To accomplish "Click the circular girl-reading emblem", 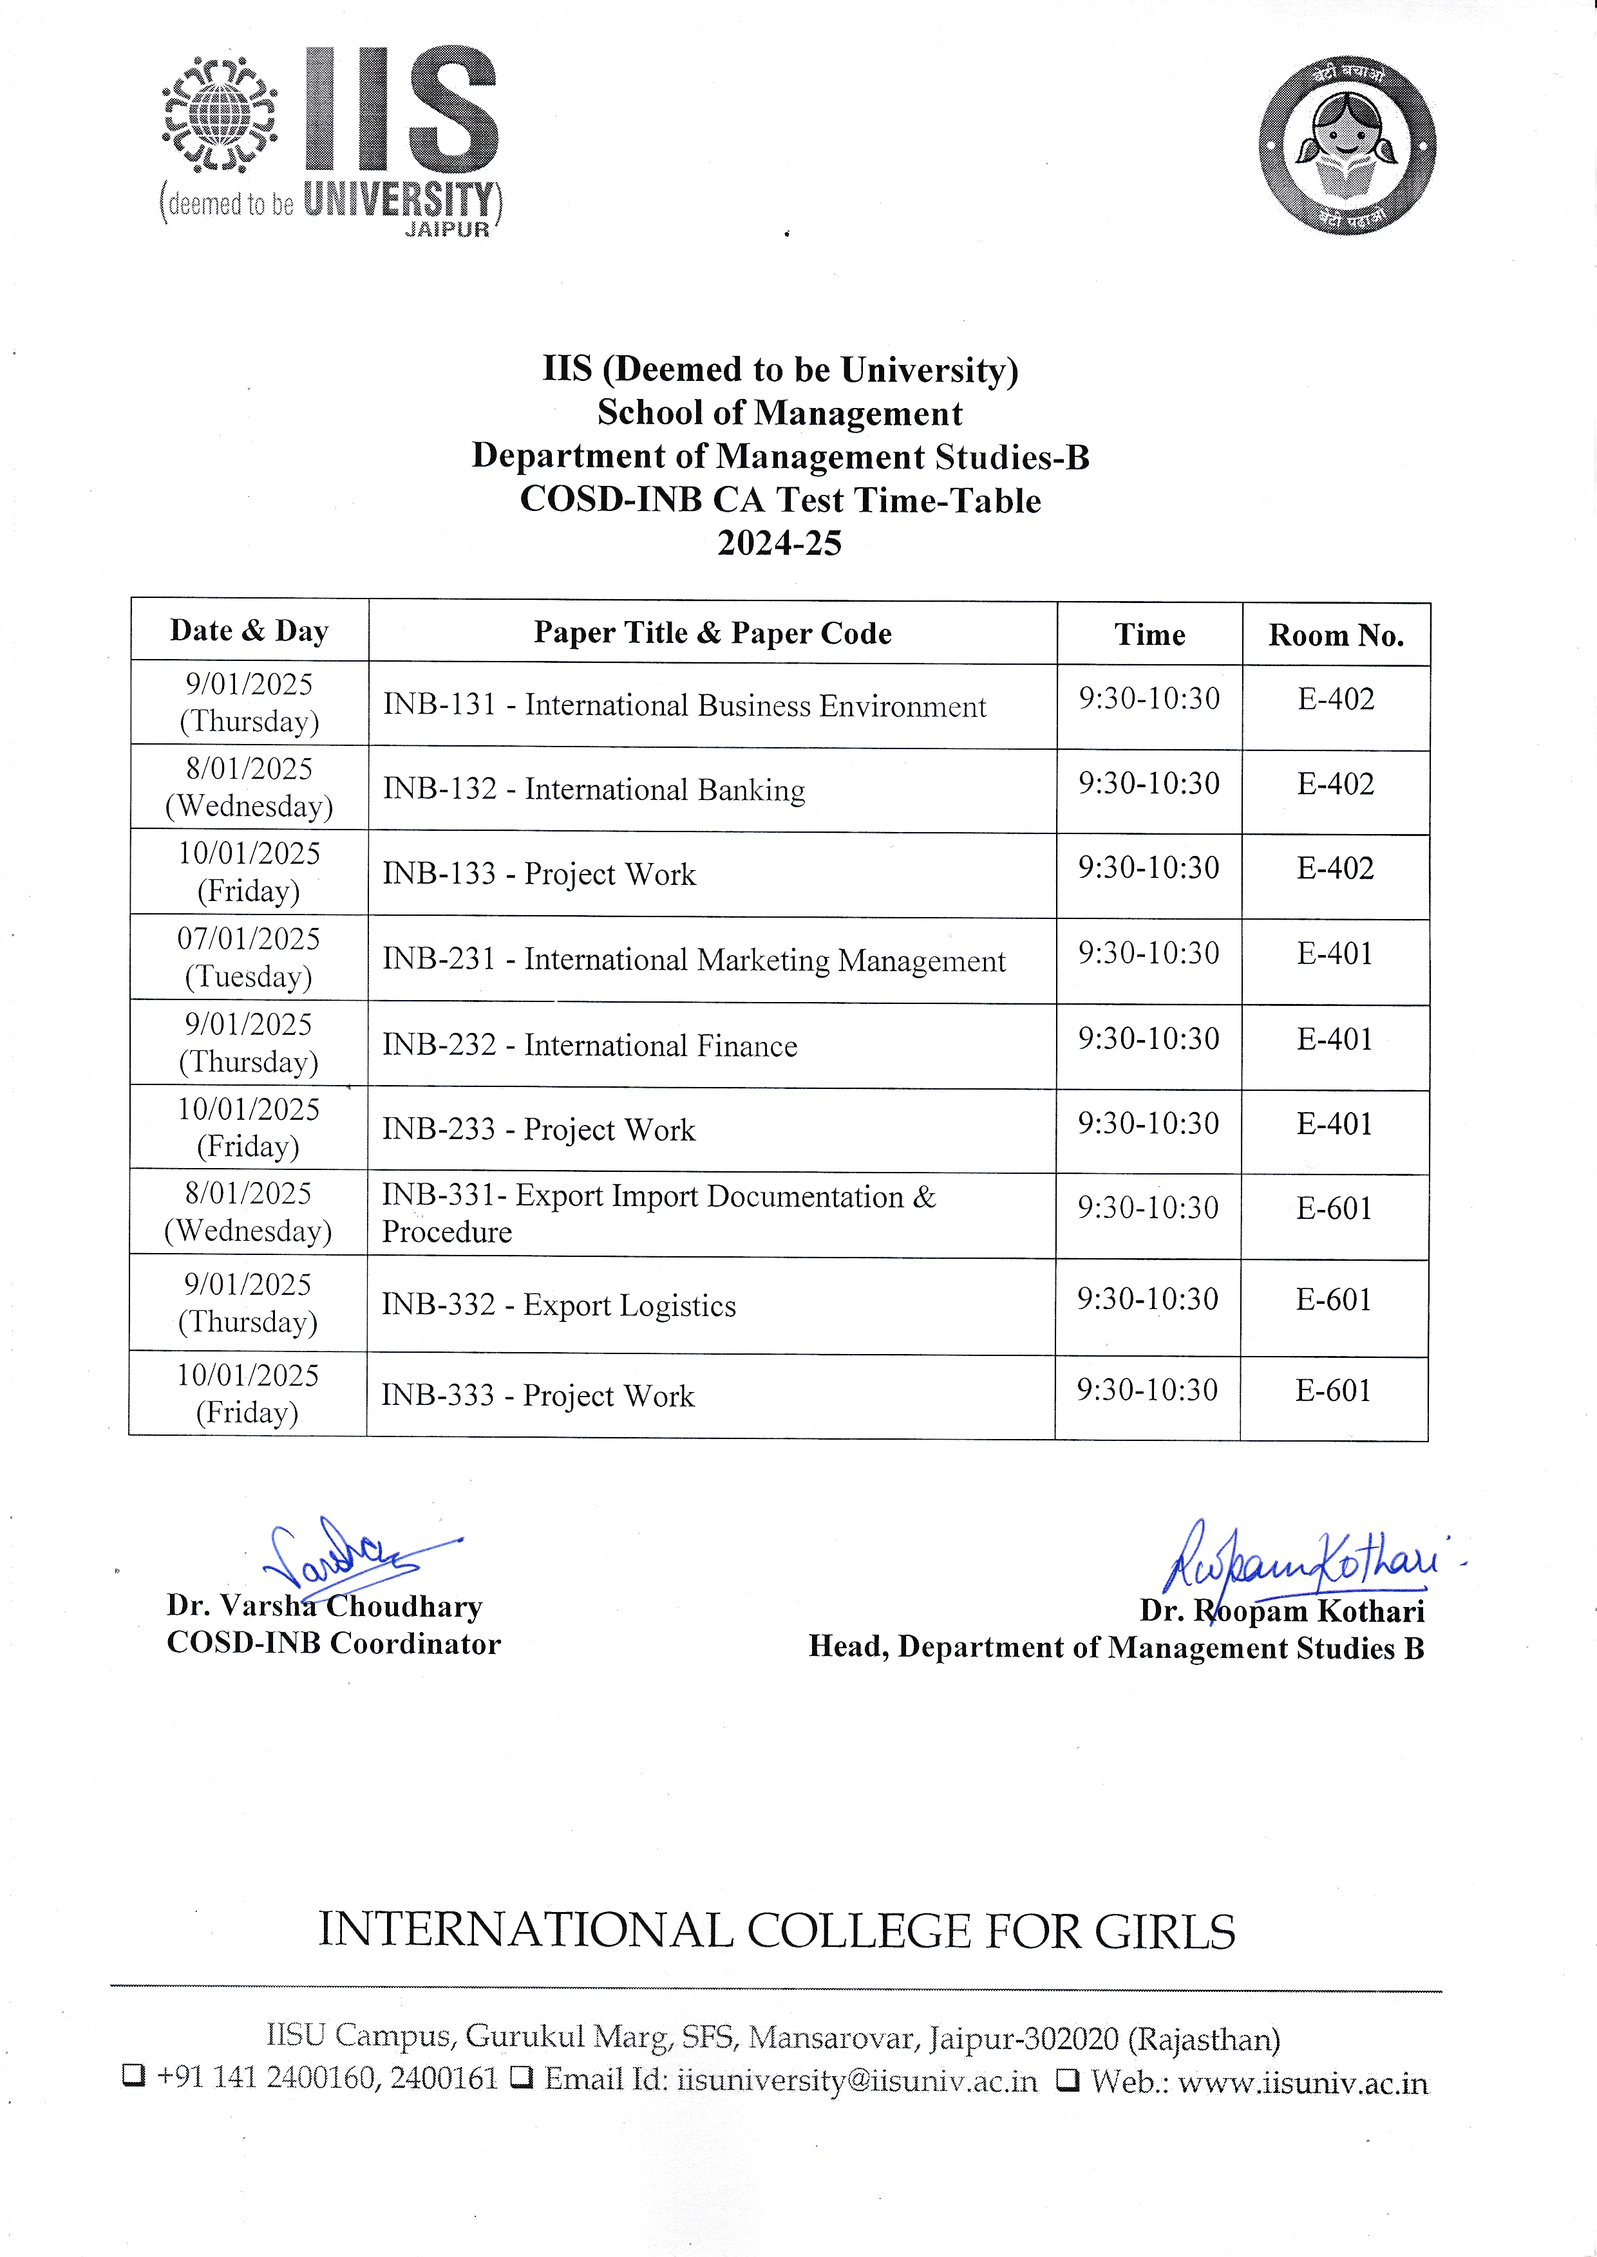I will click(x=1347, y=145).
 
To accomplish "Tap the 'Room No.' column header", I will click(x=1336, y=635).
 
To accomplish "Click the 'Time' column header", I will click(x=1149, y=634).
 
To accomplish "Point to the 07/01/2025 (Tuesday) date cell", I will click(x=249, y=958).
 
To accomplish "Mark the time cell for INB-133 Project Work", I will click(x=1149, y=868).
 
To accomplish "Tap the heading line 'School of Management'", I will click(x=780, y=413).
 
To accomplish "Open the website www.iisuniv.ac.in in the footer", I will click(x=1302, y=2082).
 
